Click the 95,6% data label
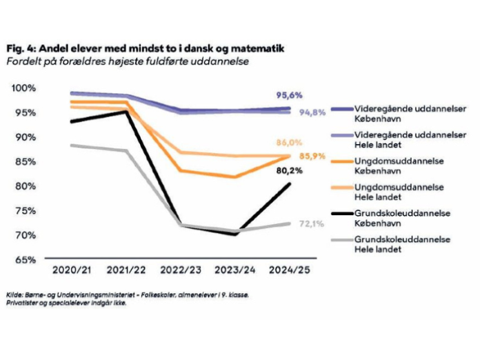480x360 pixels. click(x=290, y=95)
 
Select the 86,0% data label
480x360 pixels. click(x=290, y=143)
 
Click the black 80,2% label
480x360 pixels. click(x=290, y=171)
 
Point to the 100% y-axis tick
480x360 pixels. click(x=23, y=88)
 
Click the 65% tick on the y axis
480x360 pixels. click(x=26, y=260)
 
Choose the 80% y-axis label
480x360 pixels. click(x=26, y=186)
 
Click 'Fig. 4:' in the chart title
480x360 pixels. click(x=21, y=50)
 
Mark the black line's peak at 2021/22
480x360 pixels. click(x=126, y=111)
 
